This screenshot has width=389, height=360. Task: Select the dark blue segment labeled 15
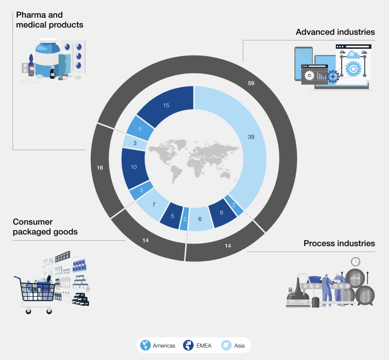pos(166,105)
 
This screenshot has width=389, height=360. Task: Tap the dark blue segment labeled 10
pos(134,167)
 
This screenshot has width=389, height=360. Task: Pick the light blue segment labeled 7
pos(154,205)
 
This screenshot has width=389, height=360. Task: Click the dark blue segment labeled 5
pos(172,216)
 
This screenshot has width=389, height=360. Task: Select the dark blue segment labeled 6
pos(222,213)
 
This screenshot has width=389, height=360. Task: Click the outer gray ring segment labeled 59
pos(251,83)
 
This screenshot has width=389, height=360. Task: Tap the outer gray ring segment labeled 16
pos(100,168)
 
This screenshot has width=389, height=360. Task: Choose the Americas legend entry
pos(158,346)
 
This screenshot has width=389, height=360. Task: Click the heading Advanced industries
pos(335,32)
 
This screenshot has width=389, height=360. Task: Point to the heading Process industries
pos(339,243)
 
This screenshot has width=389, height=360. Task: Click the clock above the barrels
pos(356,261)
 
